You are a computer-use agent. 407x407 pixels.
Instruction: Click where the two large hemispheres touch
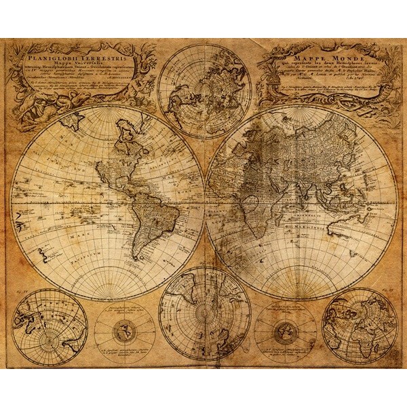(206, 203)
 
